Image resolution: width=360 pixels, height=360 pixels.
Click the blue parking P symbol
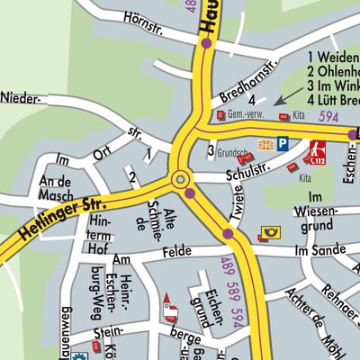[x=283, y=143]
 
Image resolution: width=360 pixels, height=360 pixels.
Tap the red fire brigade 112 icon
[x=317, y=150]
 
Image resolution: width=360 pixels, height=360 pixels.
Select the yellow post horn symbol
[x=270, y=232]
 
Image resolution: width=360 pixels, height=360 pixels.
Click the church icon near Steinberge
[x=167, y=309]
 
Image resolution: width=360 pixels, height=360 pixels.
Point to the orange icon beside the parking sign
[x=265, y=144]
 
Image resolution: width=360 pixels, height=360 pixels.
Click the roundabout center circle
[x=179, y=178]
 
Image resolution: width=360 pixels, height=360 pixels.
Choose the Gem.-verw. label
[x=246, y=116]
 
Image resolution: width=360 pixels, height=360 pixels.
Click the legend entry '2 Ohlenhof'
[x=333, y=71]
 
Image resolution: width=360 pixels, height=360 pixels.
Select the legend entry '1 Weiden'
[x=333, y=56]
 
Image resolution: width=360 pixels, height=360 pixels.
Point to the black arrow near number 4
[x=289, y=94]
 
